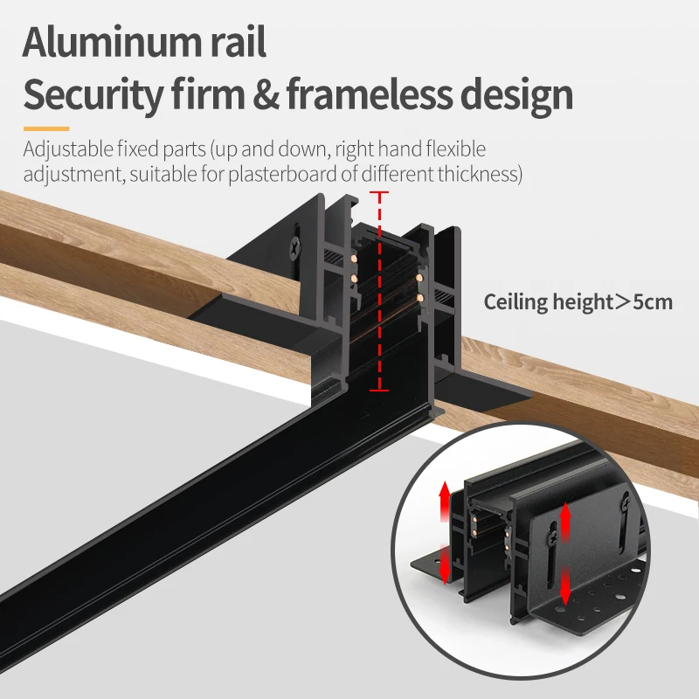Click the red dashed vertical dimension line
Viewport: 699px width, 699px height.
coord(378,293)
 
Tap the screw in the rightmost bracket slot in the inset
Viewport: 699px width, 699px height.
coord(626,502)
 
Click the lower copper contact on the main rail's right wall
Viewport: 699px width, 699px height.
coord(420,298)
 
